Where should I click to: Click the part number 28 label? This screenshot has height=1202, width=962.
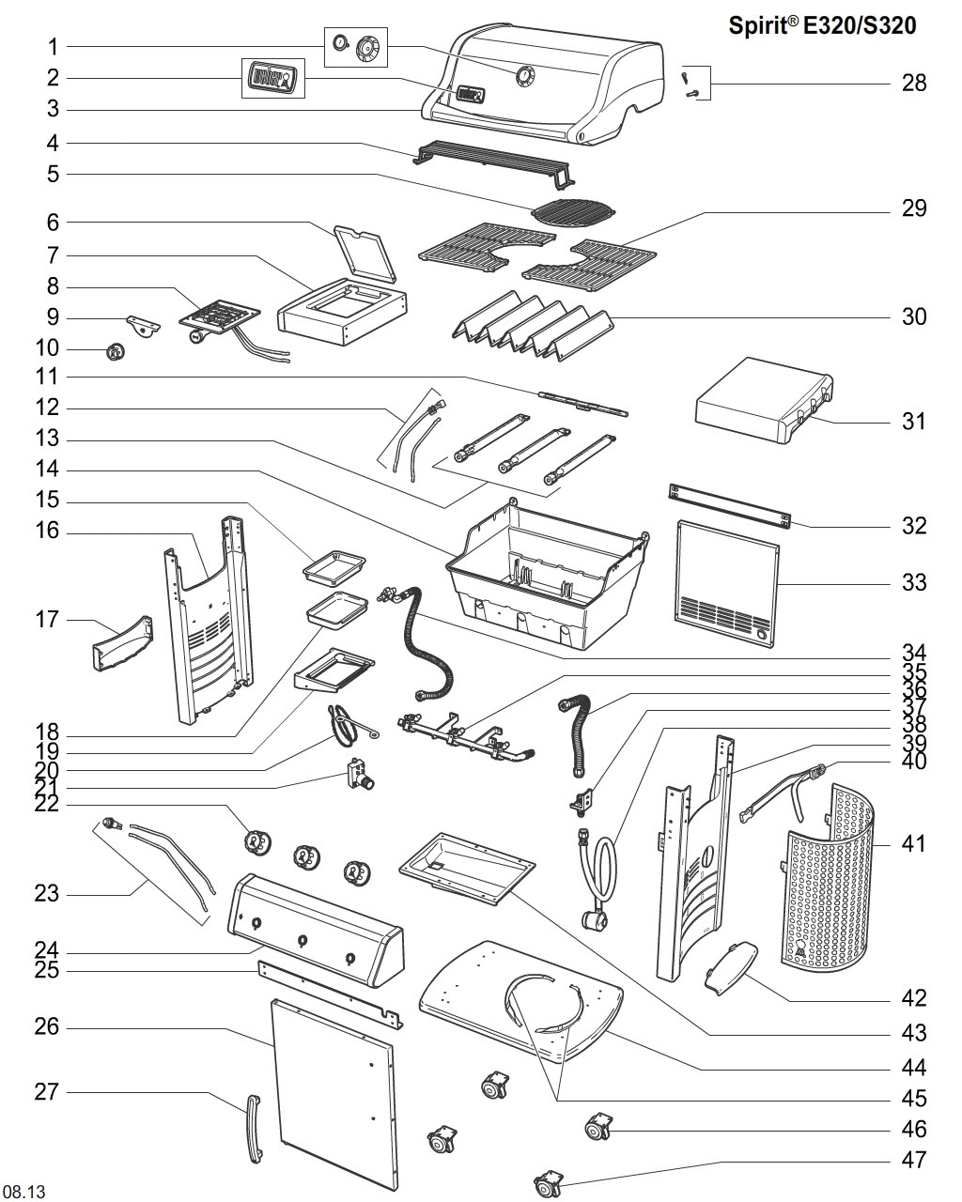[914, 84]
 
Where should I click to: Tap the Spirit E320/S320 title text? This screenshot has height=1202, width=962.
[822, 26]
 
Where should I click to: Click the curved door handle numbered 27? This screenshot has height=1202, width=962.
[254, 1129]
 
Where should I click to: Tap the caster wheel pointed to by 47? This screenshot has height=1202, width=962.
[550, 1181]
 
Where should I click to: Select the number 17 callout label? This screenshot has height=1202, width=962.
[47, 620]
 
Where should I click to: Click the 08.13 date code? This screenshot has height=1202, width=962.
[24, 1191]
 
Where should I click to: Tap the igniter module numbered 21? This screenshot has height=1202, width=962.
[359, 776]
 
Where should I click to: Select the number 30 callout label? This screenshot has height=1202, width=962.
[914, 317]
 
